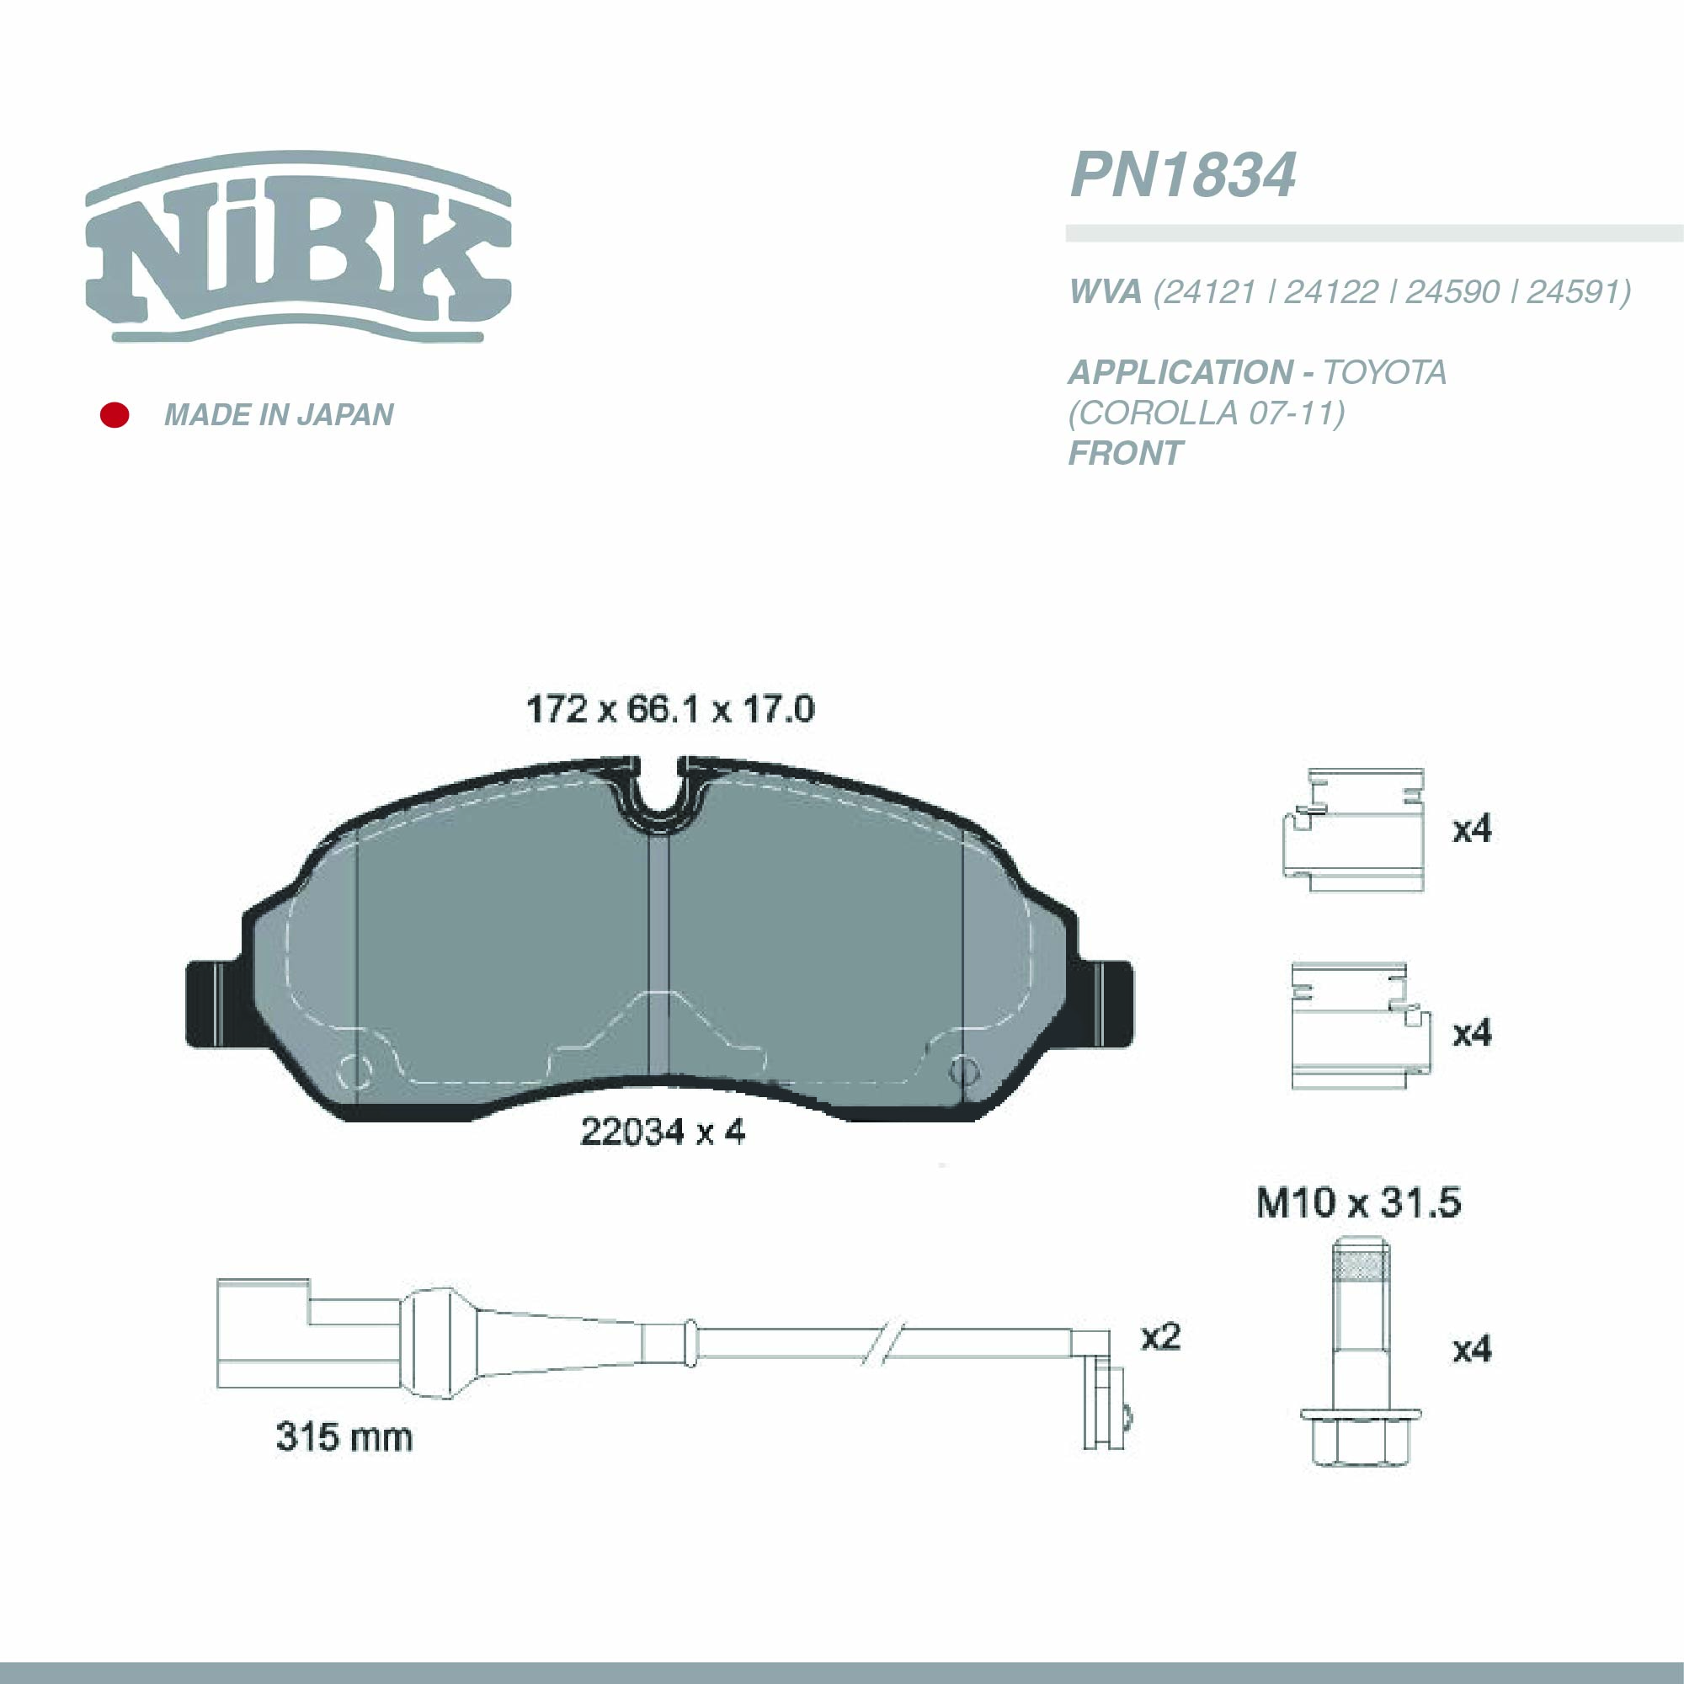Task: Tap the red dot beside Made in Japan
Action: pos(115,415)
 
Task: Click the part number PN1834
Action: pos(1182,175)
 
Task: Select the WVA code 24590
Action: pos(1452,292)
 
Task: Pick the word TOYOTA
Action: pos(1384,373)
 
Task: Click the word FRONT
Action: pos(1125,453)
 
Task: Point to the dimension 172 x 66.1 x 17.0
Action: pos(669,710)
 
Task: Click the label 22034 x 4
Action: pos(663,1132)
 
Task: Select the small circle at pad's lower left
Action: pos(353,1070)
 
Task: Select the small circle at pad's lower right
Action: pos(962,1068)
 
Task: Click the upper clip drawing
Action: pos(1354,830)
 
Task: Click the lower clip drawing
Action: pos(1358,1026)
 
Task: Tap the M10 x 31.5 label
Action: pos(1358,1203)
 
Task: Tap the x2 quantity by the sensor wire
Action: pos(1160,1336)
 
